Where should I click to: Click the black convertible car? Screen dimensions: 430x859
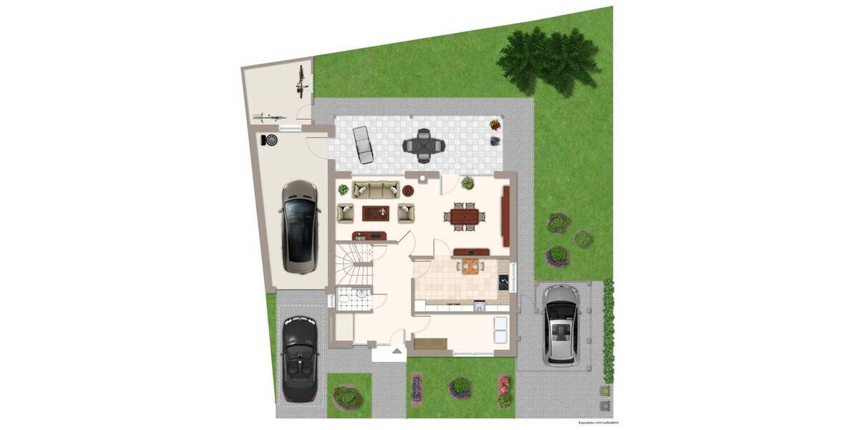(x=299, y=358)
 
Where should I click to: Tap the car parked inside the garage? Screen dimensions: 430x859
(x=299, y=226)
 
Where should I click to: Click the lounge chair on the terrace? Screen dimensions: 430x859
(x=364, y=144)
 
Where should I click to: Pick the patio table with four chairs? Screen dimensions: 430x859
(x=424, y=145)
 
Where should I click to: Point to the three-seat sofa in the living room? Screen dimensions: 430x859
(x=376, y=190)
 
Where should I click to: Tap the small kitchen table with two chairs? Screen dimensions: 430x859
(x=470, y=267)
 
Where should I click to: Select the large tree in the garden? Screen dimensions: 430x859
(x=548, y=59)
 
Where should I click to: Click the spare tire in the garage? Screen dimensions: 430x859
(x=271, y=140)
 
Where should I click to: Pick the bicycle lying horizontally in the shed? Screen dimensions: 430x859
(x=267, y=116)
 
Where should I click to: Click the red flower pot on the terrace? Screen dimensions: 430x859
(x=495, y=125)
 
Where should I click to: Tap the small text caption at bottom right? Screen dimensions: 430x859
(x=598, y=423)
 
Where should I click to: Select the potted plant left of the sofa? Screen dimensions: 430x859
(x=343, y=190)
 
